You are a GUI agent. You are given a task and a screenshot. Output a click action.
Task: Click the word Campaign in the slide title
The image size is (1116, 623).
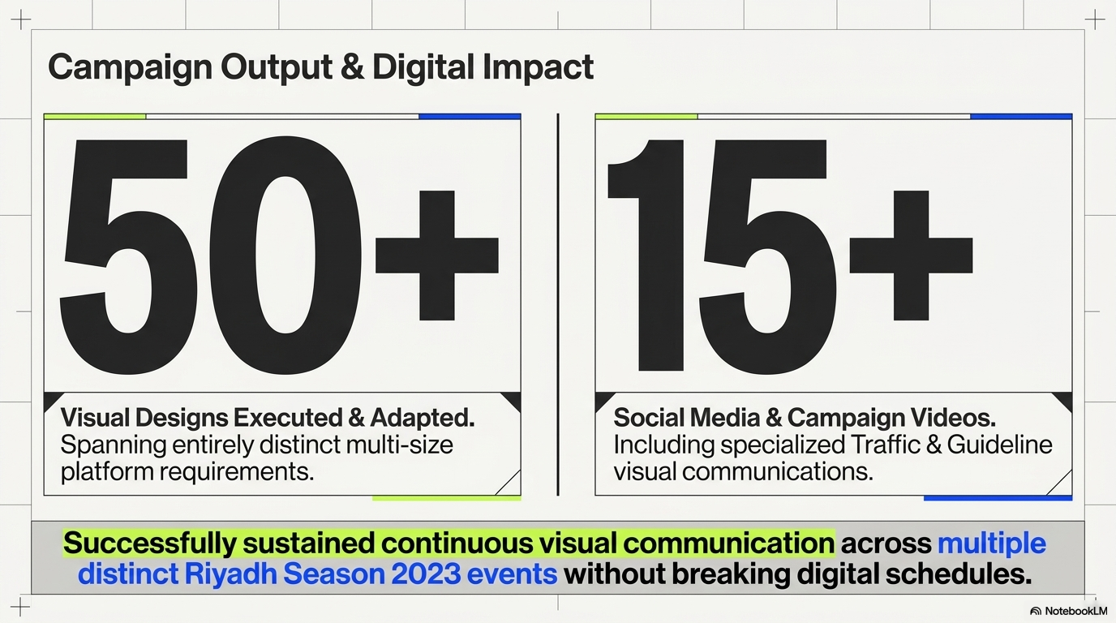pyautogui.click(x=130, y=68)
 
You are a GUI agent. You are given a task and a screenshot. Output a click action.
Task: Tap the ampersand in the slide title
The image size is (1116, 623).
pyautogui.click(x=353, y=67)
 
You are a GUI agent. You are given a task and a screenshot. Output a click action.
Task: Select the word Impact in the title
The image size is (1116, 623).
pyautogui.click(x=538, y=68)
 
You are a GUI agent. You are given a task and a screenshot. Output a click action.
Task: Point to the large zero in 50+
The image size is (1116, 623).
pyautogui.click(x=285, y=256)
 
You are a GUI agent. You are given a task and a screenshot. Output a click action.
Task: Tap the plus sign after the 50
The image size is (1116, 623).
pyautogui.click(x=437, y=256)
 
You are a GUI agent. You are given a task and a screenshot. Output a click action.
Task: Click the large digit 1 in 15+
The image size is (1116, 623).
pyautogui.click(x=646, y=256)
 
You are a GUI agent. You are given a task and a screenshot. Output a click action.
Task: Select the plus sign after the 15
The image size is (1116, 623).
pyautogui.click(x=912, y=256)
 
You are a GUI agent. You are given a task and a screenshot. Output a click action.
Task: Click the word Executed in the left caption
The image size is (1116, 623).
pyautogui.click(x=287, y=417)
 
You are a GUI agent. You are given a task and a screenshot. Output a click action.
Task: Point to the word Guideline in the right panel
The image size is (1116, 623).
pyautogui.click(x=999, y=444)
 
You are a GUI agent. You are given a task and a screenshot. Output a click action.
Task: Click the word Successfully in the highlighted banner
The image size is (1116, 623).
pyautogui.click(x=149, y=543)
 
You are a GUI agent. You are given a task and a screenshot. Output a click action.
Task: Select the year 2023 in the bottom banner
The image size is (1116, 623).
pyautogui.click(x=426, y=574)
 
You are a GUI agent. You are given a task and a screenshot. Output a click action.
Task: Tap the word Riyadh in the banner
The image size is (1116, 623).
pyautogui.click(x=230, y=574)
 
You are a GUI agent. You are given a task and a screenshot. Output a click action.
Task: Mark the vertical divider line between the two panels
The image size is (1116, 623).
pyautogui.click(x=558, y=304)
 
